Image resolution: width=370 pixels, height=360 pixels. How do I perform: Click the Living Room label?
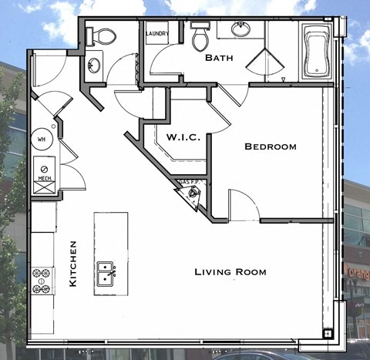tap(230, 272)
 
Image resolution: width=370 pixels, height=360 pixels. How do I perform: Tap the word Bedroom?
tap(271, 146)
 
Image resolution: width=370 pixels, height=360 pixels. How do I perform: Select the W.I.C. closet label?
tap(183, 137)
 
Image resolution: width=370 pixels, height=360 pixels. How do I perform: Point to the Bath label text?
tap(220, 58)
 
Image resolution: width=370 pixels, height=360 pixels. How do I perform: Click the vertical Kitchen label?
tap(73, 264)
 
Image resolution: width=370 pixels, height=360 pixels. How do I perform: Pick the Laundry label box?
tap(157, 33)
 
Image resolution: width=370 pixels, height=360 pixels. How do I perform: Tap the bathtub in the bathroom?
tap(316, 52)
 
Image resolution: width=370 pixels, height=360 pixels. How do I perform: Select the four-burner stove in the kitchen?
tap(42, 280)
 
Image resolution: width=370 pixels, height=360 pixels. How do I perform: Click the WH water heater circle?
tap(42, 140)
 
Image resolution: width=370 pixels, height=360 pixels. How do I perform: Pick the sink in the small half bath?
tap(93, 64)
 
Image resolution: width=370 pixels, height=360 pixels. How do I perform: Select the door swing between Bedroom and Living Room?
tap(243, 206)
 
